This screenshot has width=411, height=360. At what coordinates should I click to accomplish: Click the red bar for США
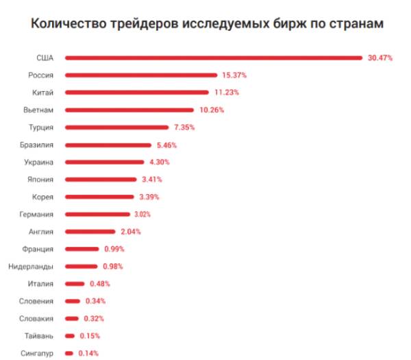(x=214, y=58)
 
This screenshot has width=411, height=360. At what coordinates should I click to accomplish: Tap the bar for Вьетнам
(x=130, y=110)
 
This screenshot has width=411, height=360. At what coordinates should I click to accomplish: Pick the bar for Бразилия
(x=108, y=145)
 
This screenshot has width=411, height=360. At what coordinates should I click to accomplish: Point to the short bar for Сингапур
(x=69, y=353)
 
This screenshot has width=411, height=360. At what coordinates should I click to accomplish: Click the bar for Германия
(x=98, y=214)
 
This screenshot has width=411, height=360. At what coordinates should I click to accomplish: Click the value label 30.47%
(x=379, y=58)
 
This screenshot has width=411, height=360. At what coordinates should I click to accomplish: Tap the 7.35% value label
(x=185, y=128)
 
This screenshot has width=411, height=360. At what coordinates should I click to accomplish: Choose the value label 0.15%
(x=90, y=336)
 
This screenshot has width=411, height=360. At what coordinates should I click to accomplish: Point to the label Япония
(x=40, y=180)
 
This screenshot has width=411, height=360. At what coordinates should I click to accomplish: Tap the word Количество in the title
(x=65, y=23)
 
